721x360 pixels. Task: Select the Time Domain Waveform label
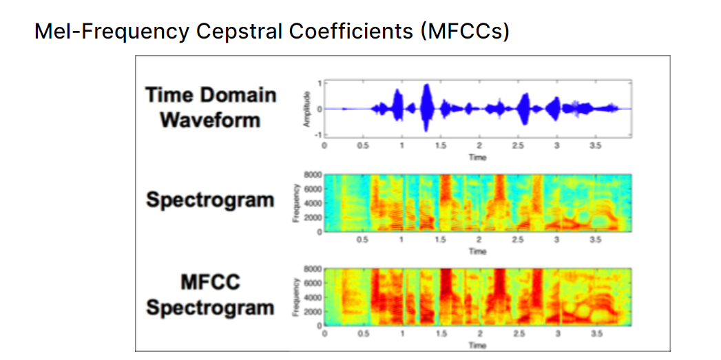pos(210,107)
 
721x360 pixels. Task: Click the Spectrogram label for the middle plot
pos(210,201)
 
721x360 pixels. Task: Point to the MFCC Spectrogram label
pos(210,295)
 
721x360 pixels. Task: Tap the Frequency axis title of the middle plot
pos(295,202)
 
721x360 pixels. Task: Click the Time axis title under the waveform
pos(477,158)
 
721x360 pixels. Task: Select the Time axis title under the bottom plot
pos(477,345)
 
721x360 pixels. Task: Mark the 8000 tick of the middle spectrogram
pos(313,176)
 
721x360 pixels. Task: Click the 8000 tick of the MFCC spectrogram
pos(313,269)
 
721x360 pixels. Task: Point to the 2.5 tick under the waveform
pos(518,147)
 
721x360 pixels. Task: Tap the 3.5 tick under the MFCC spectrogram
pos(596,333)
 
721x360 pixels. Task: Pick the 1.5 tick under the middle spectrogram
pos(440,240)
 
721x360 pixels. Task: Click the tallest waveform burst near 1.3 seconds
pos(427,107)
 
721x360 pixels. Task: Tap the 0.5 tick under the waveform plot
pos(362,147)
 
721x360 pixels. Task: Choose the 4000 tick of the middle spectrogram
pos(313,203)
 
